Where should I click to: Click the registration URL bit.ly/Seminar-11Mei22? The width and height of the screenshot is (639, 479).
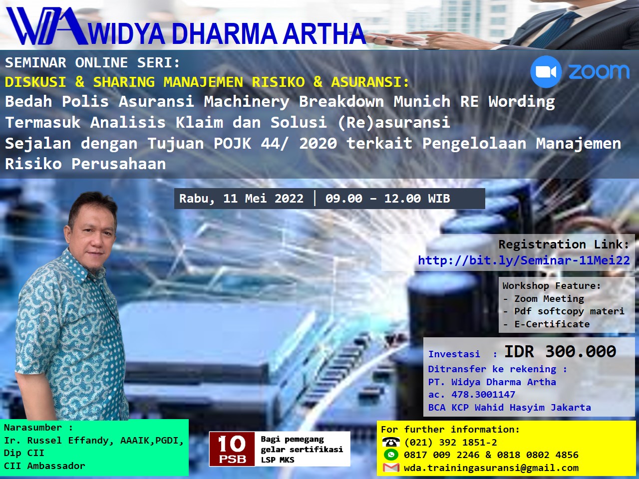(524, 260)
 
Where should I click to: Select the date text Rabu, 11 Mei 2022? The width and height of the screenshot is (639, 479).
(241, 199)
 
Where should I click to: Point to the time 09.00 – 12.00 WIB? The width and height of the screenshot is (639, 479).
(387, 199)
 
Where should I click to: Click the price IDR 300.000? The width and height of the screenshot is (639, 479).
(560, 352)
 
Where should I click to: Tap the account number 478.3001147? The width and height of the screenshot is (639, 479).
(483, 395)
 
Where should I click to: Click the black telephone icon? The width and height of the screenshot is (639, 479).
(391, 442)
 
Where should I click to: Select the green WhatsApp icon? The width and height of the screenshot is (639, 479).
(391, 455)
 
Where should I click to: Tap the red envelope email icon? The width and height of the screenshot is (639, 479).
(391, 468)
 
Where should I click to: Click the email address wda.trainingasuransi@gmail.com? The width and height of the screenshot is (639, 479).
(491, 468)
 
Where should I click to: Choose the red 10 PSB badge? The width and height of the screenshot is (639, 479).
(232, 448)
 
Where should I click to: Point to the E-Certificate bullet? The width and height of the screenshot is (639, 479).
(552, 324)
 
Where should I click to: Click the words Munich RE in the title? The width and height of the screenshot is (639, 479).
(436, 102)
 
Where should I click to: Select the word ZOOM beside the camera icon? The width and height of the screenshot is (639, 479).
(599, 72)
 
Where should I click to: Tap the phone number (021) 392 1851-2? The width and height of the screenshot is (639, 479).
(450, 443)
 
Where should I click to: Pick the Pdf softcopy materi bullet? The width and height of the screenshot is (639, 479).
(569, 311)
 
